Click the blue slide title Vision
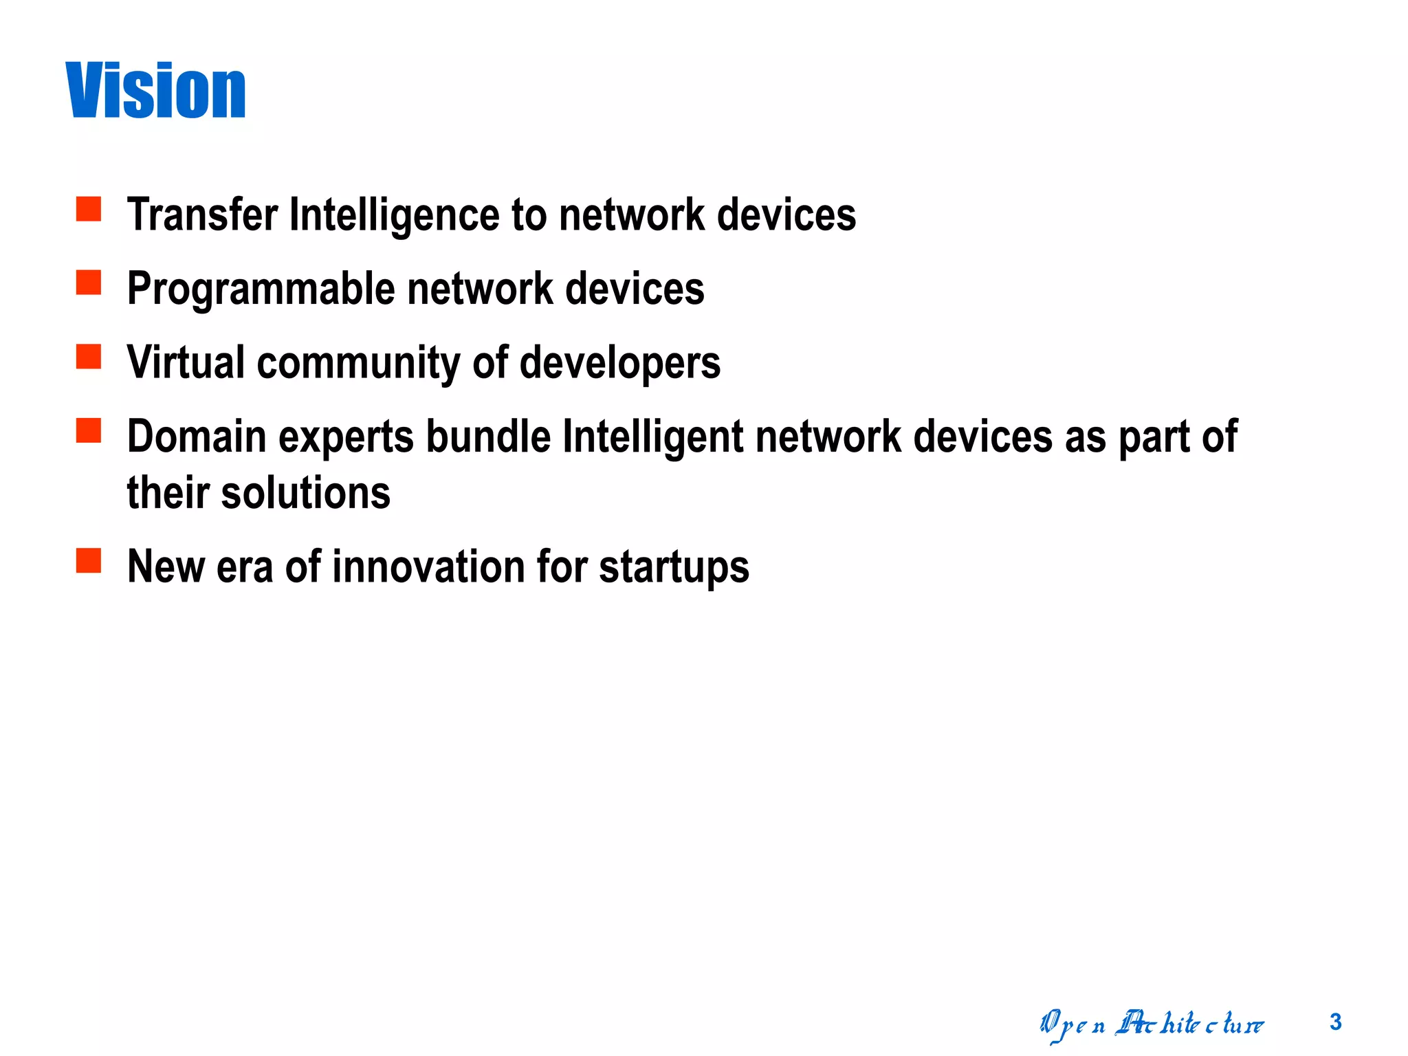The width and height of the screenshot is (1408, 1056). click(156, 91)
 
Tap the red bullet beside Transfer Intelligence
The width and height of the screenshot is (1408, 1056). click(89, 209)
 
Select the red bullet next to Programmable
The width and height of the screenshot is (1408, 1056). click(89, 283)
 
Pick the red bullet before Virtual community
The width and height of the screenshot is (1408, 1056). click(89, 357)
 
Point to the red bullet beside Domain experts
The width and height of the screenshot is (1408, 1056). click(89, 430)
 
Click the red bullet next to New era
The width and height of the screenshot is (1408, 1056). click(89, 560)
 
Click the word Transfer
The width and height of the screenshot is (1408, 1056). click(203, 214)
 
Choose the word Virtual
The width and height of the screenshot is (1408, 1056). click(186, 362)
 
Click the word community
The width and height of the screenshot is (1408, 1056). click(358, 364)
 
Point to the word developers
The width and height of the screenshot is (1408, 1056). click(620, 364)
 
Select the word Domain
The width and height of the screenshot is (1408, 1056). click(197, 437)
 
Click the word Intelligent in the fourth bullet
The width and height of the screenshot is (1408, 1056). click(652, 438)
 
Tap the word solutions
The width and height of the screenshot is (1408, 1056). click(305, 493)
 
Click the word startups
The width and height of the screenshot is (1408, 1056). click(674, 568)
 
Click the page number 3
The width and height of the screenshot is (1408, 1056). click(1335, 1022)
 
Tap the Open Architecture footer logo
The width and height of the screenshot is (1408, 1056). click(1152, 1024)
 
